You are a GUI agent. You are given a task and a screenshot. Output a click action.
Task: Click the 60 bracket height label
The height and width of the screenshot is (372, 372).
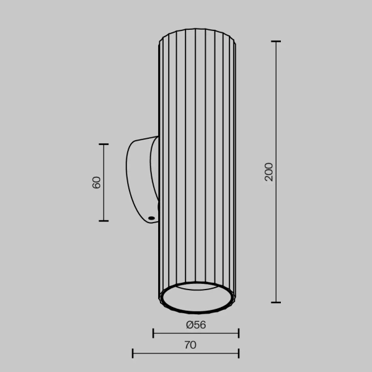[97, 183]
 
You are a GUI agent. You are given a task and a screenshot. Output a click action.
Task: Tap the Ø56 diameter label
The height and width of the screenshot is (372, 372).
[196, 324]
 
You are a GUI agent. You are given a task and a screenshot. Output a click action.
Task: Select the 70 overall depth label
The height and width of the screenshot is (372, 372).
[190, 345]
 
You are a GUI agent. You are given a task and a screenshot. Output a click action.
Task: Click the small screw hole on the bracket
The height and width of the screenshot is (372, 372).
[151, 218]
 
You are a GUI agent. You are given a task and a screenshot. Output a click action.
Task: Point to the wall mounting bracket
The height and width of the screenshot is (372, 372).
[141, 180]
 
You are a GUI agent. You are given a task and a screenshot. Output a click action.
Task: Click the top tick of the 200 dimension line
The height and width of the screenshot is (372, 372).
[276, 42]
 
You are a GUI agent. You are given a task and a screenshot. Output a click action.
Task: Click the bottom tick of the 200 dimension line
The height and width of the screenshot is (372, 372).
[276, 303]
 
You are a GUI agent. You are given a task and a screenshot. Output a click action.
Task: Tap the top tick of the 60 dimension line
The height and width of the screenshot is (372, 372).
[104, 144]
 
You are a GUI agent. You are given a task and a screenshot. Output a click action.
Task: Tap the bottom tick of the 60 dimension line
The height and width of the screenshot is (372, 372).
[104, 221]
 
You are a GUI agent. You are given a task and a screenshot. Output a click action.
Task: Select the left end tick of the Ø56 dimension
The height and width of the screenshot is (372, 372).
[154, 334]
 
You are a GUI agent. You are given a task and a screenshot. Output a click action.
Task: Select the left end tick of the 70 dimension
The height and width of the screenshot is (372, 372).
[133, 354]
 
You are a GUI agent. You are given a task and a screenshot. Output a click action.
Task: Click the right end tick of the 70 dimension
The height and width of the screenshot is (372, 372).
[239, 354]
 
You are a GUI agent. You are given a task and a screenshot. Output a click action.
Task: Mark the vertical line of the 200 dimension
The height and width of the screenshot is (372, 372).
[276, 236]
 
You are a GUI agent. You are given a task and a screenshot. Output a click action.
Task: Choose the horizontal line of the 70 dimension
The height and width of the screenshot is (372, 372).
[186, 354]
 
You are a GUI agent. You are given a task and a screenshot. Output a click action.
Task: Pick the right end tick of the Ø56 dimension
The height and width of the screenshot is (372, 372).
[239, 334]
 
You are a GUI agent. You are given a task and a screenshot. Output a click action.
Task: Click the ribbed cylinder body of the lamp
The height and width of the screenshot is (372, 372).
[197, 155]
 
